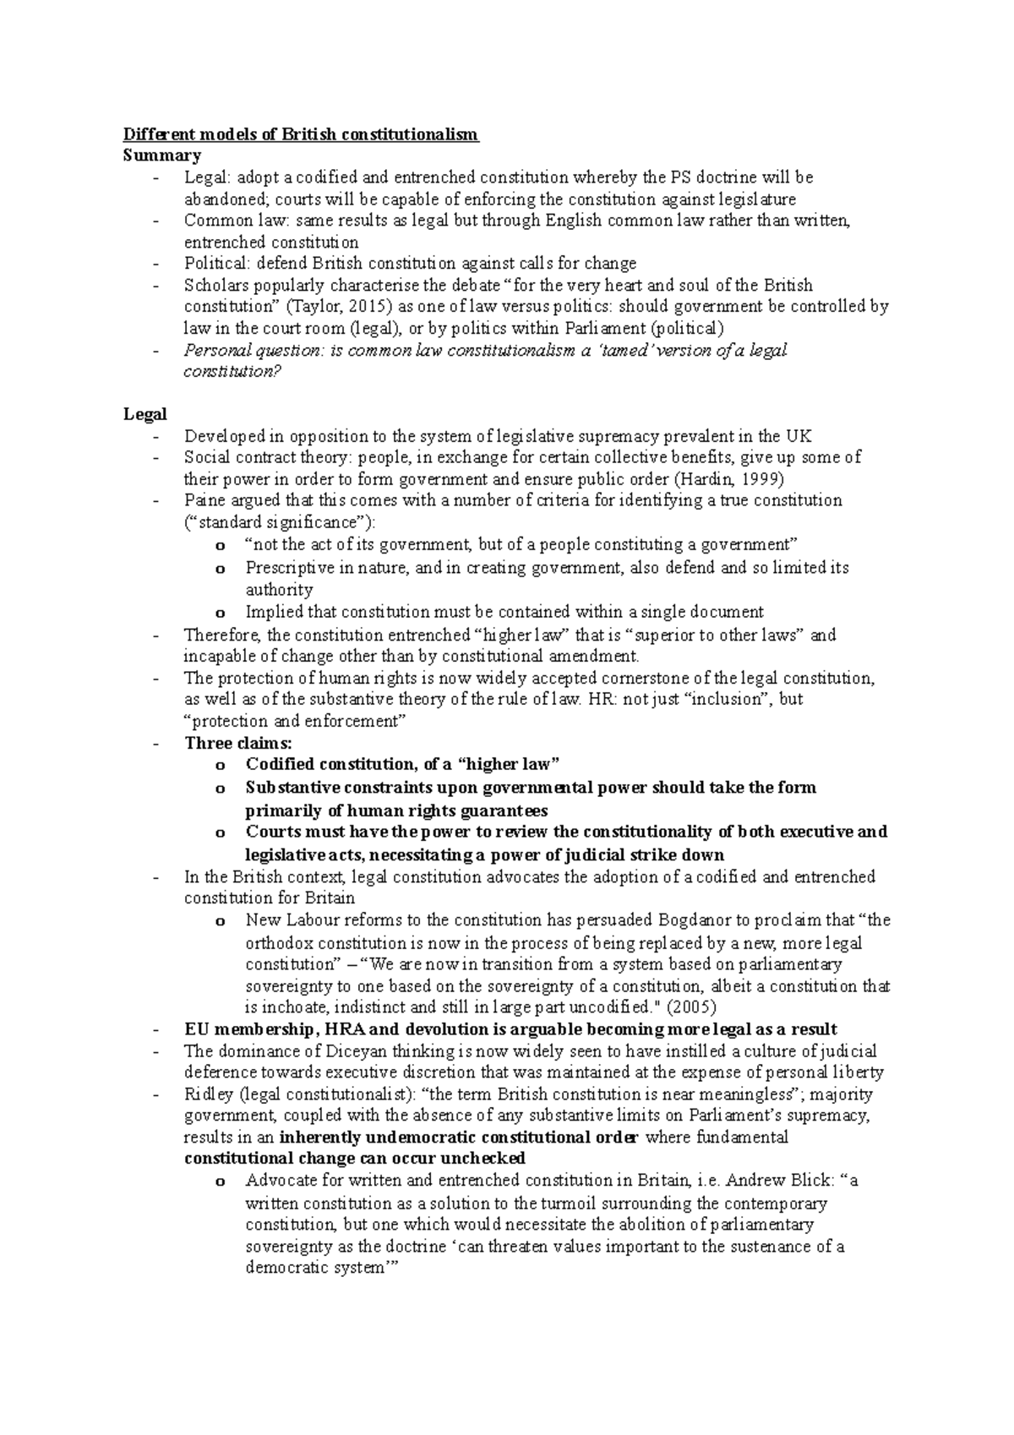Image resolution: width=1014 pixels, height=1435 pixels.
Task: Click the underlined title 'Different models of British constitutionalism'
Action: tap(301, 134)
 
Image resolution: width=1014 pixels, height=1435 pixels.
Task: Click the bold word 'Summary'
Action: tap(161, 156)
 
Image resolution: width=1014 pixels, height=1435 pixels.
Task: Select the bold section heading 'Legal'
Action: tap(144, 415)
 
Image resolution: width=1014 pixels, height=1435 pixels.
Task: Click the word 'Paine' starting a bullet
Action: tap(205, 500)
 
